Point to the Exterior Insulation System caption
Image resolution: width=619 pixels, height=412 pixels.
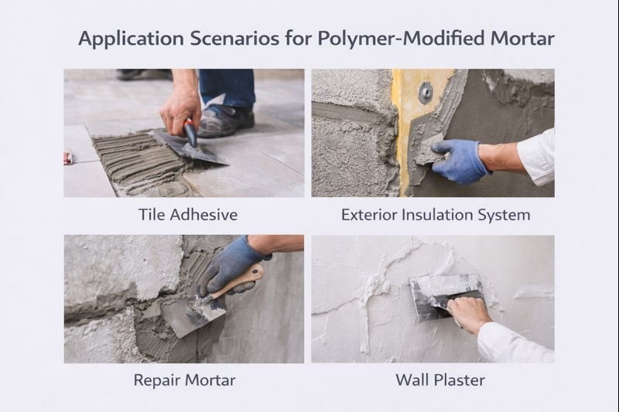[436, 214]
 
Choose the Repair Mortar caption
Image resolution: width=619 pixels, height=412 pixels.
[184, 380]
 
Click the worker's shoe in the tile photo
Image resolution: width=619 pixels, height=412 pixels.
[225, 120]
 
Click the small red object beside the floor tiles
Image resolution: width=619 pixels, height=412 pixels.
[67, 159]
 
